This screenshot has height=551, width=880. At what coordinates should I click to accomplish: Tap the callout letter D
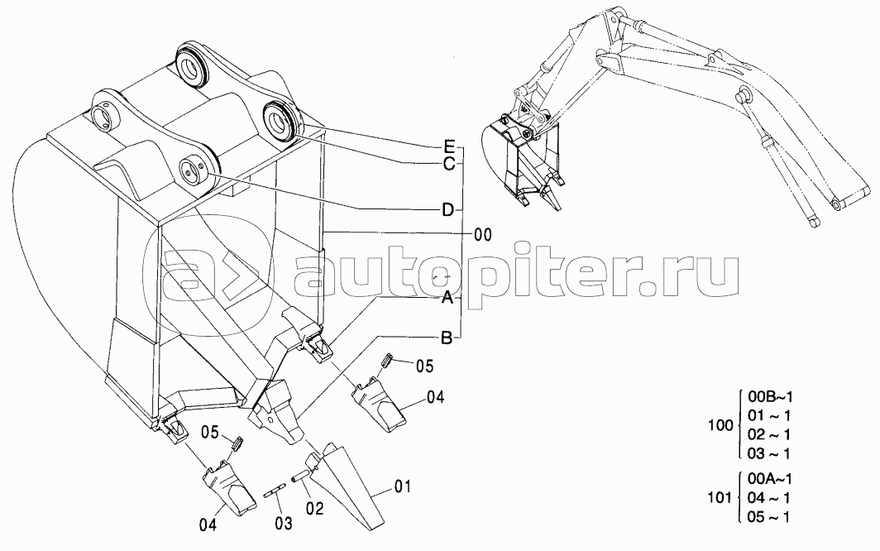(447, 210)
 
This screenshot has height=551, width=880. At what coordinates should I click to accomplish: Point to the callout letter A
(447, 298)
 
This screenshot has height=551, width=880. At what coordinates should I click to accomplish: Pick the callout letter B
(447, 338)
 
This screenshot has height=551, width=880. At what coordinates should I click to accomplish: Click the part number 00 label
(483, 235)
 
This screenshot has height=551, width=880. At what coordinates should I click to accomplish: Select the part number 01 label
(402, 486)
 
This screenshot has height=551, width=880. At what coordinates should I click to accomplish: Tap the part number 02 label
(315, 509)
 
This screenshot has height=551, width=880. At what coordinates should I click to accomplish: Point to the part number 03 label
(284, 524)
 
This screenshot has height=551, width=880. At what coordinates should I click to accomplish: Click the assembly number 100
(720, 425)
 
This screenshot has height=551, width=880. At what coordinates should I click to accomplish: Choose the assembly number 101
(720, 498)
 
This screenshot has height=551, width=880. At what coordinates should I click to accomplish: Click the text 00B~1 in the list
(771, 397)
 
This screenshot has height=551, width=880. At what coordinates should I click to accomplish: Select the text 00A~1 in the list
(771, 479)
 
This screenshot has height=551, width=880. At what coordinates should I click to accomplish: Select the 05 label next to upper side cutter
(424, 367)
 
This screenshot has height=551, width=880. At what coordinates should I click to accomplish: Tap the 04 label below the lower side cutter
(208, 525)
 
